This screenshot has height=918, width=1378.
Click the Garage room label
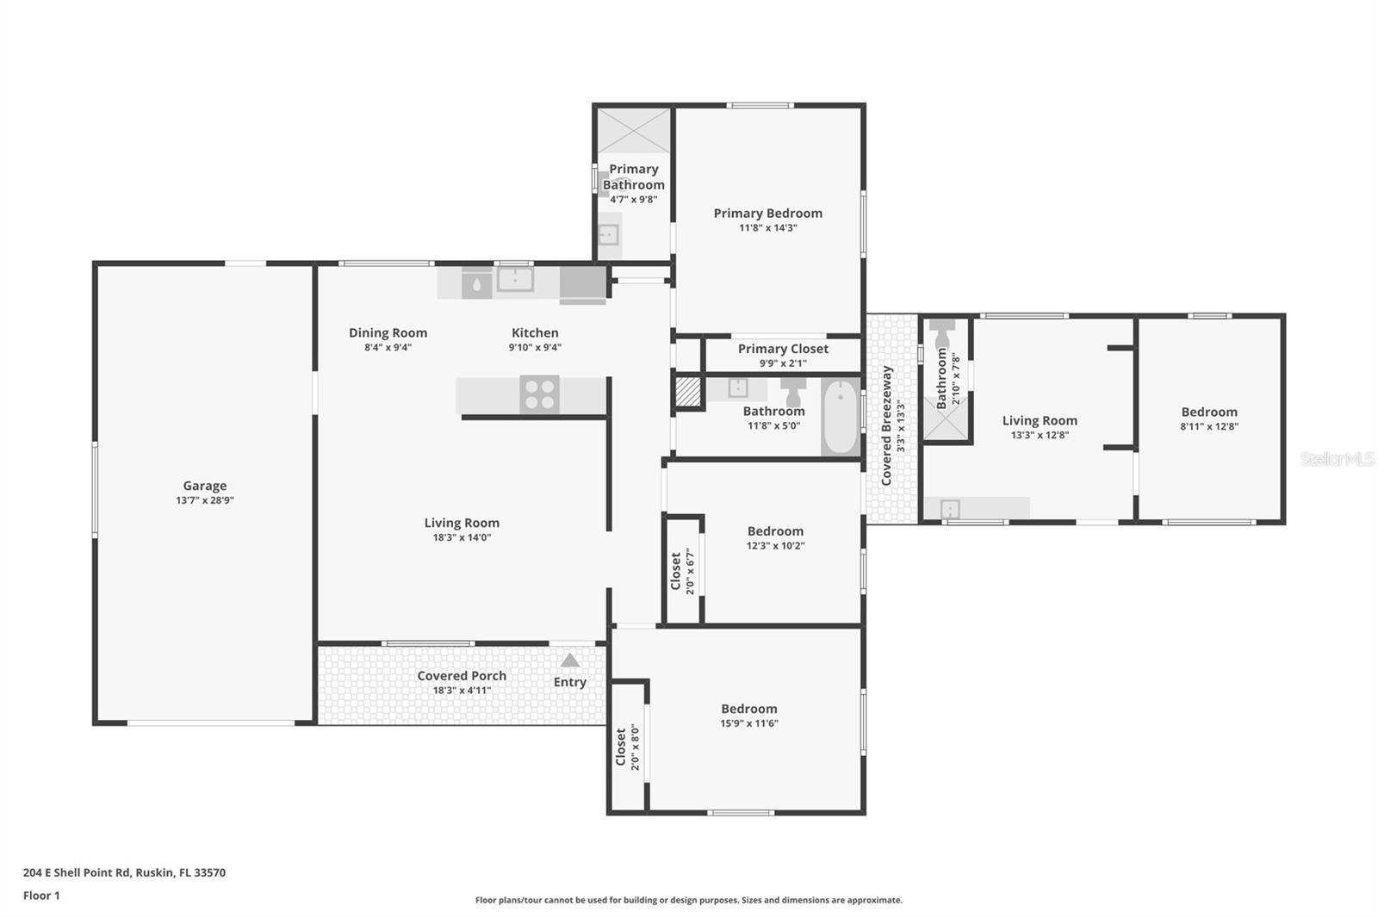tap(204, 486)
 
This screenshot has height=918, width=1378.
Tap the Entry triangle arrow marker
tap(569, 661)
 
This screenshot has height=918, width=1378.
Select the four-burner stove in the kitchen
tap(539, 394)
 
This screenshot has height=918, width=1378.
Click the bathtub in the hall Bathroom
tap(840, 417)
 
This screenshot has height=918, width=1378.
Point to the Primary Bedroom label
tap(767, 214)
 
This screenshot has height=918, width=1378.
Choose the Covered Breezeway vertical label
tap(886, 425)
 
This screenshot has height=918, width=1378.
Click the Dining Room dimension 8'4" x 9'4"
tap(388, 348)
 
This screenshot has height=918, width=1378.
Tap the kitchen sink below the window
tap(515, 279)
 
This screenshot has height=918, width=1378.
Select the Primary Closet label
tap(783, 349)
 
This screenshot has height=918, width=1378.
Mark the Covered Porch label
tap(462, 676)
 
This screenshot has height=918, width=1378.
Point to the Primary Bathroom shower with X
tap(633, 131)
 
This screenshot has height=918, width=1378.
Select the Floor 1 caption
tap(41, 896)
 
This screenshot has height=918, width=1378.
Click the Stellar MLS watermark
tap(1337, 459)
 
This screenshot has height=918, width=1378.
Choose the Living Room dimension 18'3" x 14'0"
tap(462, 537)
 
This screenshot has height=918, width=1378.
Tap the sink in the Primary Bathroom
tap(608, 233)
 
